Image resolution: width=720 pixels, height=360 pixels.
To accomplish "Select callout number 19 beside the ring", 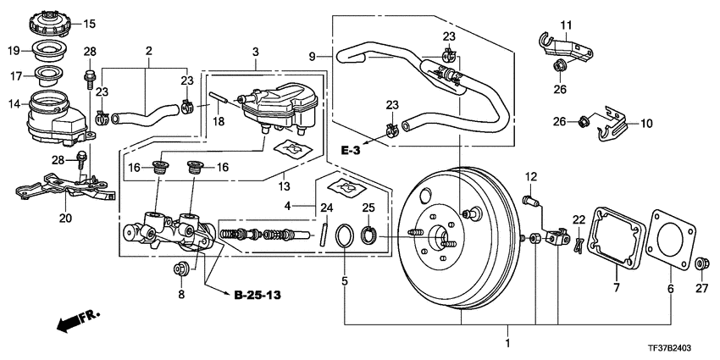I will pyautogui.click(x=14, y=51).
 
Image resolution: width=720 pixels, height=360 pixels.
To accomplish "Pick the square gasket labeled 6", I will pyautogui.click(x=667, y=240).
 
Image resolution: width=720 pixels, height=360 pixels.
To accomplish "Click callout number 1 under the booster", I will pyautogui.click(x=508, y=344).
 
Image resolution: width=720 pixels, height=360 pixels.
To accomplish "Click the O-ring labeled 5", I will pyautogui.click(x=345, y=234).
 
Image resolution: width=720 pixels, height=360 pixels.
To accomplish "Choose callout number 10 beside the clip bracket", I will pyautogui.click(x=646, y=124).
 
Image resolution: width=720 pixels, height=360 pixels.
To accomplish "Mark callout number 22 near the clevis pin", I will pyautogui.click(x=579, y=220).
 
